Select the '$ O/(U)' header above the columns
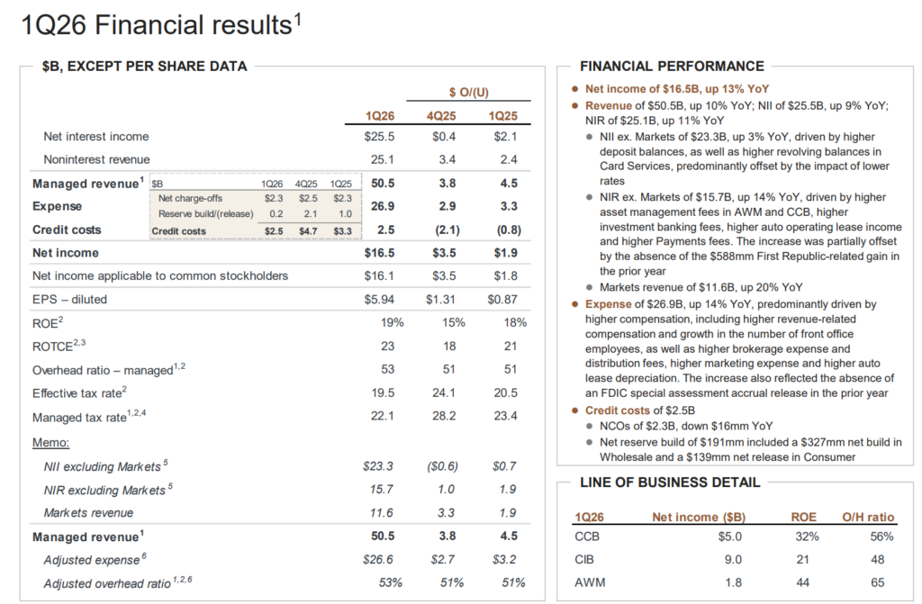pyautogui.click(x=469, y=92)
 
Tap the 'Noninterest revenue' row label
pyautogui.click(x=96, y=159)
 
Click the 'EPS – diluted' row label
pyautogui.click(x=70, y=299)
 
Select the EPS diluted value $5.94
pyautogui.click(x=382, y=299)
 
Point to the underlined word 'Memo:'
pyautogui.click(x=51, y=442)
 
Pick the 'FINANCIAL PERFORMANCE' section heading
pyautogui.click(x=672, y=66)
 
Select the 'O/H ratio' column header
pyautogui.click(x=868, y=517)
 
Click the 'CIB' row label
pyautogui.click(x=584, y=560)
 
